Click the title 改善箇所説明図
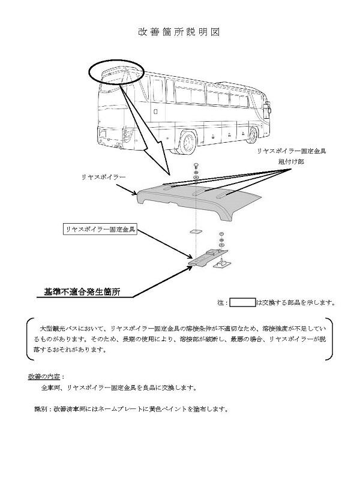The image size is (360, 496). click(x=179, y=32)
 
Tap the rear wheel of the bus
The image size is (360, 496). click(x=187, y=142)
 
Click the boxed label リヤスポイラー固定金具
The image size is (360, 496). click(x=100, y=229)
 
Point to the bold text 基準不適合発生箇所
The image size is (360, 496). click(x=82, y=291)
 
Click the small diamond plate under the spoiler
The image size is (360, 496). click(x=196, y=231)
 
